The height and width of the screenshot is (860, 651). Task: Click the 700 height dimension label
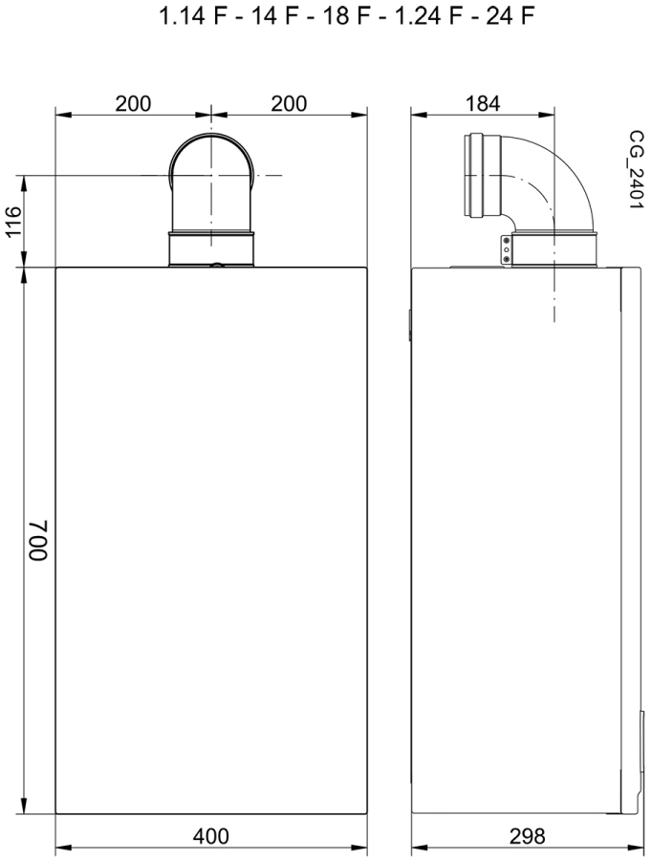(39, 540)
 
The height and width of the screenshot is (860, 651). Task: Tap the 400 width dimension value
(210, 836)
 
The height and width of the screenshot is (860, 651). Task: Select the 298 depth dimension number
(528, 836)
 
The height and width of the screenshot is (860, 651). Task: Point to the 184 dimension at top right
(483, 103)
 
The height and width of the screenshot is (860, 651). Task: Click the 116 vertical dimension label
(13, 221)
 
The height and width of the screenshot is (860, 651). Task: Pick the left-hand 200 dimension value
(133, 103)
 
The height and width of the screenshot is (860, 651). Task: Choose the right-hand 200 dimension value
(289, 103)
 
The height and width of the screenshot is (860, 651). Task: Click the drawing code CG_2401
(636, 169)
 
